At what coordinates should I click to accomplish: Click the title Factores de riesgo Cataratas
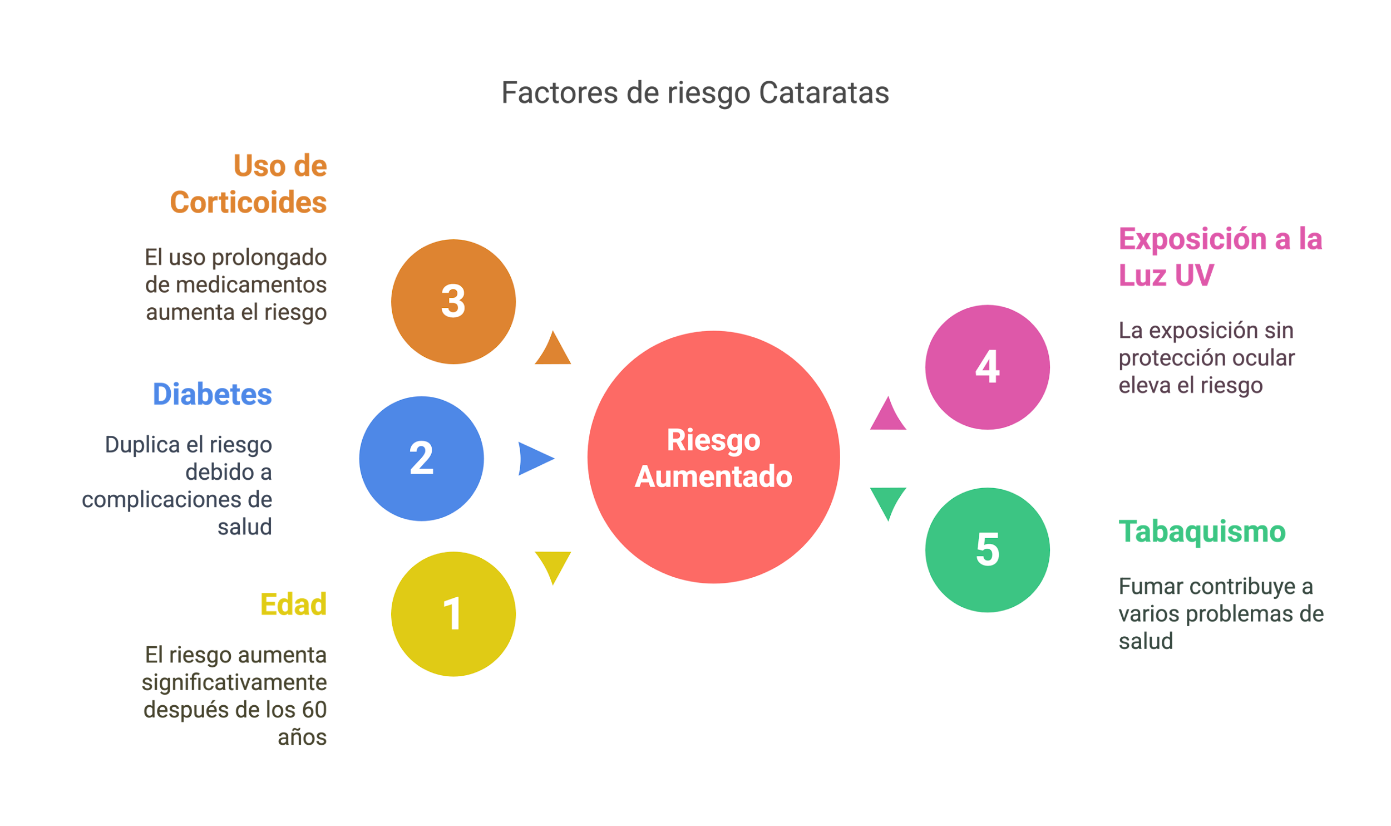(x=695, y=92)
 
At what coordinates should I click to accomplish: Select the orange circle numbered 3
(x=453, y=302)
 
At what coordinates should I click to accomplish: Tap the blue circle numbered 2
(x=421, y=459)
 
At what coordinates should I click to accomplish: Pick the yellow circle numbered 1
(x=453, y=614)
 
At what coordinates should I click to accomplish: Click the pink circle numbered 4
(x=987, y=367)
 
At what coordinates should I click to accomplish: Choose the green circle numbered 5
(x=987, y=550)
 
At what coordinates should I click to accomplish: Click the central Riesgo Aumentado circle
(x=713, y=458)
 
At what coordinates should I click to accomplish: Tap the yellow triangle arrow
(x=553, y=565)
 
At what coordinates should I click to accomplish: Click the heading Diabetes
(x=212, y=395)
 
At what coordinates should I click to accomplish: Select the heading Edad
(x=293, y=604)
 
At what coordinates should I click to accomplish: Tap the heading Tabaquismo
(x=1202, y=532)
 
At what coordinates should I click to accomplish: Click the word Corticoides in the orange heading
(x=248, y=202)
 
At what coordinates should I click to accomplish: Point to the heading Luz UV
(x=1166, y=275)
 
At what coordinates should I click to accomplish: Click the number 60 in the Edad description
(x=314, y=710)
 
